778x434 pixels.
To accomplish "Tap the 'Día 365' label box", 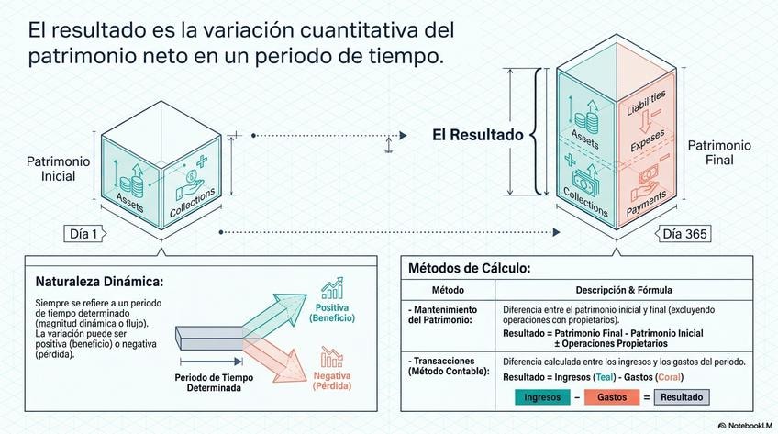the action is tap(684, 234).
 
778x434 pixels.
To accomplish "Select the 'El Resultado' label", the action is tap(477, 135).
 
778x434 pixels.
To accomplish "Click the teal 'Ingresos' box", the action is tap(547, 397).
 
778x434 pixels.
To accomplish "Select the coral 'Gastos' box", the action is tap(612, 397).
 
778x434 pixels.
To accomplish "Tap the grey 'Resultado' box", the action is tap(681, 397).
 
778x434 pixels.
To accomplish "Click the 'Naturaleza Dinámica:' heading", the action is tap(99, 281).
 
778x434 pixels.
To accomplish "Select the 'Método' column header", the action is tap(428, 290).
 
